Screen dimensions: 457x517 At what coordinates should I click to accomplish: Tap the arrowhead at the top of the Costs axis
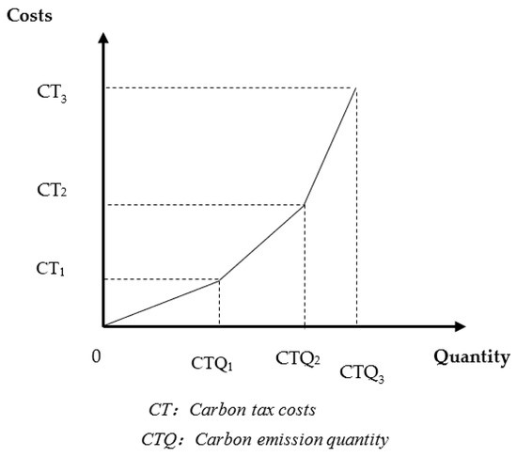coord(104,39)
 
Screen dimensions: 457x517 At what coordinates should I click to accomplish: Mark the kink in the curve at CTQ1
coord(219,279)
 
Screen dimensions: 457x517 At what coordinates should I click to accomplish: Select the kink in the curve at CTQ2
coord(305,205)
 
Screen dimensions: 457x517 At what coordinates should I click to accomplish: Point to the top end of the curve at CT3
coord(356,87)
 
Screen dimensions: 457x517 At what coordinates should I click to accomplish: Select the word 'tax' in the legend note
coord(257,411)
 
